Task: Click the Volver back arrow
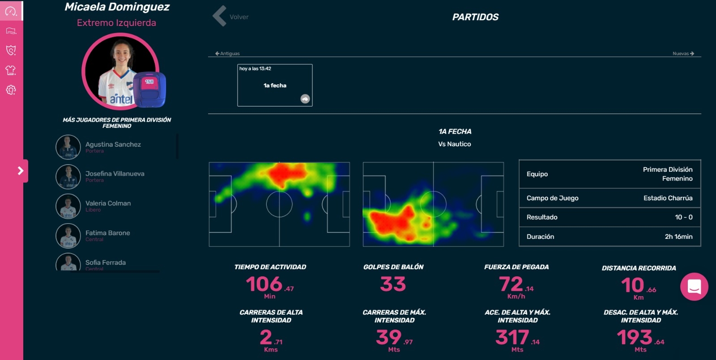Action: (220, 16)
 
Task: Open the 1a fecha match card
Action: (275, 85)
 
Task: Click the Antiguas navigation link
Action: (228, 54)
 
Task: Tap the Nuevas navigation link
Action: (683, 54)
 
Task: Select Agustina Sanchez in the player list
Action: (113, 144)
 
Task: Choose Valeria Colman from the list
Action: (108, 203)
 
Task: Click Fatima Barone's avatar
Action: (68, 236)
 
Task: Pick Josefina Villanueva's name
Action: (115, 174)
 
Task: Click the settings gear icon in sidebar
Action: (11, 90)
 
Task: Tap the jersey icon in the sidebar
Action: (11, 70)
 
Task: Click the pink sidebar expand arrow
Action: (20, 171)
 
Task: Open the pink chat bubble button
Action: (694, 286)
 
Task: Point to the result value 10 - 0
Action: (684, 217)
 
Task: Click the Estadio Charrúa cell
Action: (668, 198)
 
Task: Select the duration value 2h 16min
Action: (678, 237)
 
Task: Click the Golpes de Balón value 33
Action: (393, 284)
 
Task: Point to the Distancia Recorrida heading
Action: (639, 268)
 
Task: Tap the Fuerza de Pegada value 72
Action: (511, 284)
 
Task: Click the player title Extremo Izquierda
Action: (116, 23)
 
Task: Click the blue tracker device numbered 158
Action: (149, 89)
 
